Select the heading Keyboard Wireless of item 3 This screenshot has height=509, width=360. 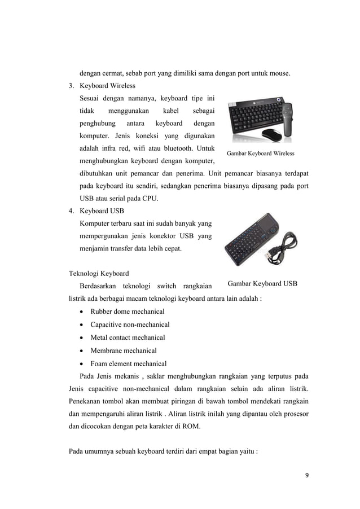coord(107,86)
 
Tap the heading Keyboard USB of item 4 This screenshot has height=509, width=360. coord(102,211)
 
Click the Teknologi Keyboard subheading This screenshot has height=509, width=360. coord(99,273)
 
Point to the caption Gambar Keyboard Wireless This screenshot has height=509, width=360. coord(260,153)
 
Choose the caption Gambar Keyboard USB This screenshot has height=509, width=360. coord(262,283)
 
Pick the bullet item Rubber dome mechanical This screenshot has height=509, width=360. coord(128,311)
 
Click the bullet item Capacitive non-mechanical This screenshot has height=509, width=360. coord(130,324)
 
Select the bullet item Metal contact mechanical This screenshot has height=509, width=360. coord(128,337)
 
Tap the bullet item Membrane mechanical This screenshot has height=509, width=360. coord(124,350)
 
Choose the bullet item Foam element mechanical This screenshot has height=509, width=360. coord(128,363)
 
